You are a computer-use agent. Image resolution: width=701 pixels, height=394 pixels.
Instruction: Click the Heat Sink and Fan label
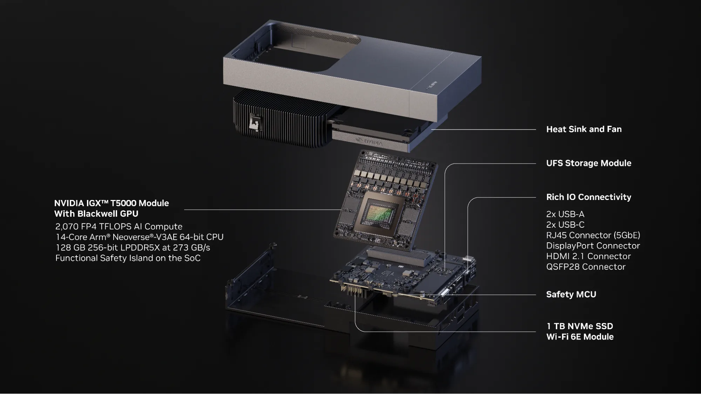[584, 129]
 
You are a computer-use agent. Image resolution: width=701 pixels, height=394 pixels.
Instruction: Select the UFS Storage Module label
[588, 163]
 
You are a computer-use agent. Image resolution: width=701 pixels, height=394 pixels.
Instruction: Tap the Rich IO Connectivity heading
[588, 197]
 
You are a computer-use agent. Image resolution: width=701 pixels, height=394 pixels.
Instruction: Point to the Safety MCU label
[571, 295]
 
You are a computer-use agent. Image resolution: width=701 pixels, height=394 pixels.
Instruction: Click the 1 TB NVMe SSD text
[579, 326]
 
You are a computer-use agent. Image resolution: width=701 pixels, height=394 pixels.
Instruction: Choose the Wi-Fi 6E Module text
[580, 337]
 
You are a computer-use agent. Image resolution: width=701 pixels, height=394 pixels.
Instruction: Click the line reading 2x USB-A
[565, 214]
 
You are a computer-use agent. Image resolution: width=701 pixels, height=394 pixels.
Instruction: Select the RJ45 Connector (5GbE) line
[593, 235]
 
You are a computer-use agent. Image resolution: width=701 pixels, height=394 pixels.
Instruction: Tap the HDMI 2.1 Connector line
[588, 256]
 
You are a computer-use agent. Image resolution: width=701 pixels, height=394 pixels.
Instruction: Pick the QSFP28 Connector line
[586, 267]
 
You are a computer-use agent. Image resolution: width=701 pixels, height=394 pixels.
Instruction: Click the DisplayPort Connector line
[593, 246]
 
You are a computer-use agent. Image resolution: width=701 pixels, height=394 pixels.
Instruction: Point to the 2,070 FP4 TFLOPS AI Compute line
[119, 227]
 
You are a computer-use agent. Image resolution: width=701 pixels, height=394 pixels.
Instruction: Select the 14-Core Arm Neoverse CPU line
[139, 237]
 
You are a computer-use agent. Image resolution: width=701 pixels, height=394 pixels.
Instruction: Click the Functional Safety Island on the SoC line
[128, 258]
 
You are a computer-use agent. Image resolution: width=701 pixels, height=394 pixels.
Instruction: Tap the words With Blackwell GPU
[96, 214]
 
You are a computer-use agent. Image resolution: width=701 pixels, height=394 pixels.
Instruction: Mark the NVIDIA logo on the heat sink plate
[369, 141]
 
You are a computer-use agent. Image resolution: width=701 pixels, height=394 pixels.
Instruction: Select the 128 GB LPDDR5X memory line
[133, 248]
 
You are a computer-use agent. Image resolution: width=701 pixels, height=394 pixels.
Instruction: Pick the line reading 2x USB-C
[565, 225]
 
